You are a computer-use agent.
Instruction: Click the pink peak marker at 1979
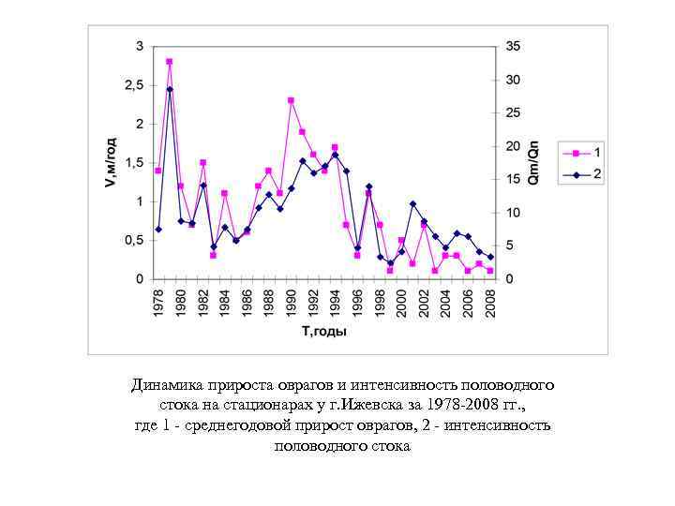tap(169, 62)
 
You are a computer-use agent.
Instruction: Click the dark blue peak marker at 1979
tap(169, 89)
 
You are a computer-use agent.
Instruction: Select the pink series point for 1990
tap(291, 100)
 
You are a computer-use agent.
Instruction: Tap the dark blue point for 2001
tap(412, 204)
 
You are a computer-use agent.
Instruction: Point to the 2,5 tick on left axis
tap(136, 85)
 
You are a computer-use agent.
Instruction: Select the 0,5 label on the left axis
tap(136, 241)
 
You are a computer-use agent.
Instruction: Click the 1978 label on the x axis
tap(158, 302)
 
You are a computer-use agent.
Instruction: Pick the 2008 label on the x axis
tap(490, 302)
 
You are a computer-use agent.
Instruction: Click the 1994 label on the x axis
tap(336, 302)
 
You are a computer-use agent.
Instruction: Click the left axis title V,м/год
tap(111, 162)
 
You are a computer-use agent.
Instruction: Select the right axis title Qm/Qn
tap(533, 162)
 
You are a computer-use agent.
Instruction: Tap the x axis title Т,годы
tap(323, 331)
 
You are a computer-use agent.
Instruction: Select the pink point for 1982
tap(202, 163)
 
